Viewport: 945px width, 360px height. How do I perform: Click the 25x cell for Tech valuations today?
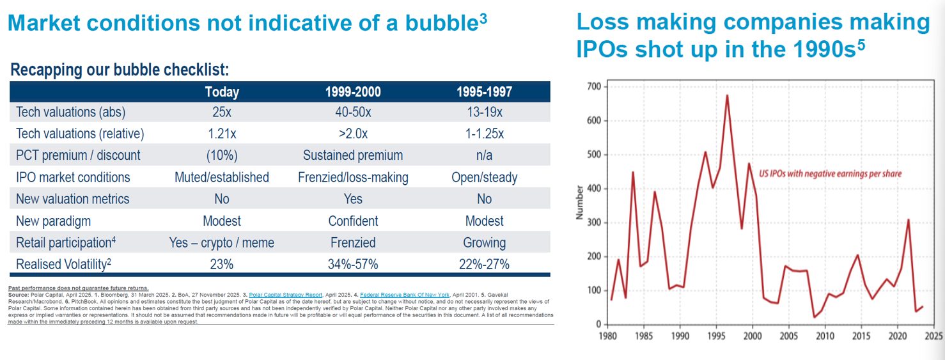[x=222, y=112]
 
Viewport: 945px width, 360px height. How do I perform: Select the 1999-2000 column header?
[x=353, y=91]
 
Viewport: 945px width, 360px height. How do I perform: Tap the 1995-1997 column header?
[x=484, y=91]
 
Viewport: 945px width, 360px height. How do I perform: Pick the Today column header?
[x=222, y=91]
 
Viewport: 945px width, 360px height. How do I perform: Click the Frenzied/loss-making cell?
[x=353, y=177]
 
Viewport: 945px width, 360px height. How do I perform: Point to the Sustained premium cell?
[x=353, y=155]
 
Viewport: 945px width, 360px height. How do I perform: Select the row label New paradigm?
[x=53, y=221]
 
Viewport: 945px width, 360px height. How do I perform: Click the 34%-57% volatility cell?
[x=353, y=264]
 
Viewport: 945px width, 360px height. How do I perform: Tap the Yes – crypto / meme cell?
[x=222, y=242]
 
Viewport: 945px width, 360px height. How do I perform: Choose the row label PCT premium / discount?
[x=78, y=155]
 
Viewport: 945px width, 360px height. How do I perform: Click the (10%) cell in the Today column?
[x=222, y=155]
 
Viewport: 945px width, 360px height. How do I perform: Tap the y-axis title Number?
[x=579, y=202]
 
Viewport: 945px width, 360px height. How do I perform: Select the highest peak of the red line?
[x=727, y=96]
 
